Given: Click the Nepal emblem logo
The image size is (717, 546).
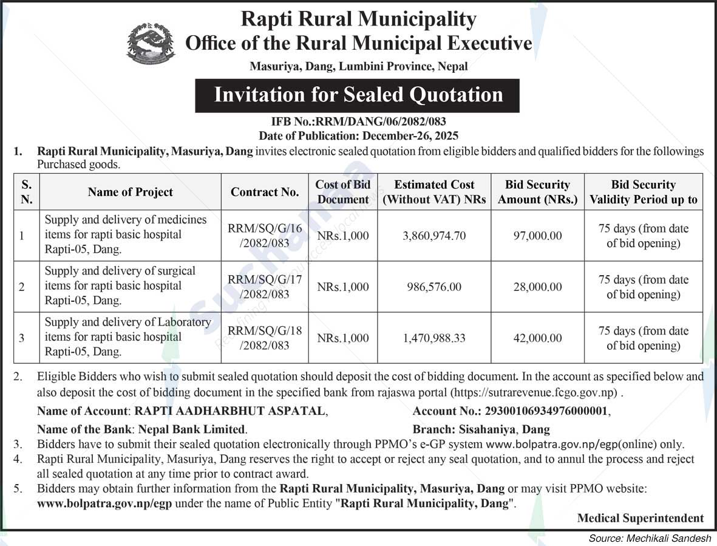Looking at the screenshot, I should click(x=151, y=44).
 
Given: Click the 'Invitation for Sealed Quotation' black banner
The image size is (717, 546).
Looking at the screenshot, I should click(x=358, y=95).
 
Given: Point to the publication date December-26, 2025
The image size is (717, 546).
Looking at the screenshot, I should click(x=410, y=135).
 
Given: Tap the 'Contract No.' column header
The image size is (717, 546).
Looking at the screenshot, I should click(x=265, y=192).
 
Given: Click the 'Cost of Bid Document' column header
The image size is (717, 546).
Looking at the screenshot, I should click(x=343, y=192).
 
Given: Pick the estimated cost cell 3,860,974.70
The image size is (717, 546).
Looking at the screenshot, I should click(x=434, y=236).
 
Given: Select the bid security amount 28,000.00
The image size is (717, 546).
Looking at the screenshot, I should click(x=537, y=287).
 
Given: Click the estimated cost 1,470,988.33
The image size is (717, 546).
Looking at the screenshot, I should click(x=434, y=338).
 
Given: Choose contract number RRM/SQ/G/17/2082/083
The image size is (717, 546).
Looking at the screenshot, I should click(x=265, y=287).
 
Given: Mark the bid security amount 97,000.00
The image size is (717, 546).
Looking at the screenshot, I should click(x=537, y=236).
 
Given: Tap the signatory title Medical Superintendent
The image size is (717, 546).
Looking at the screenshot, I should click(x=641, y=518).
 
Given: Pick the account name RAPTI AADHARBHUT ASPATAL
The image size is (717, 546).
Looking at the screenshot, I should click(x=230, y=411).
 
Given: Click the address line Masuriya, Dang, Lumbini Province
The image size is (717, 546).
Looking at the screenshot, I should click(x=359, y=67).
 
